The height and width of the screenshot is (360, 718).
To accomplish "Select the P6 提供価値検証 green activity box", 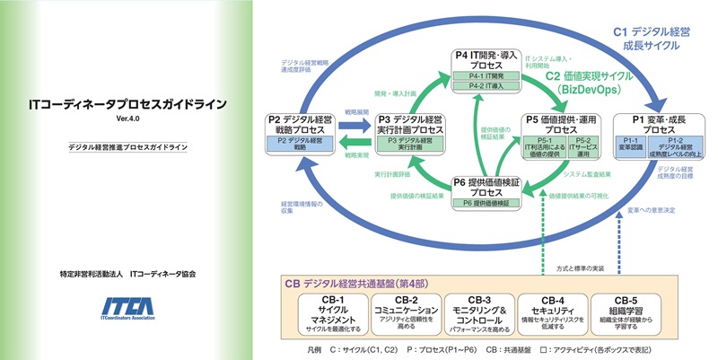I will pyautogui.click(x=485, y=204).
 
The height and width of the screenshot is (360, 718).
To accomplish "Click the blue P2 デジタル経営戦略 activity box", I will pyautogui.click(x=300, y=143).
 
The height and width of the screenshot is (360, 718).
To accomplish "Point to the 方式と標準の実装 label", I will pyautogui.click(x=584, y=268).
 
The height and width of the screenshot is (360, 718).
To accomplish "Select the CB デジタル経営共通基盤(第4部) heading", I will pyautogui.click(x=359, y=282).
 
